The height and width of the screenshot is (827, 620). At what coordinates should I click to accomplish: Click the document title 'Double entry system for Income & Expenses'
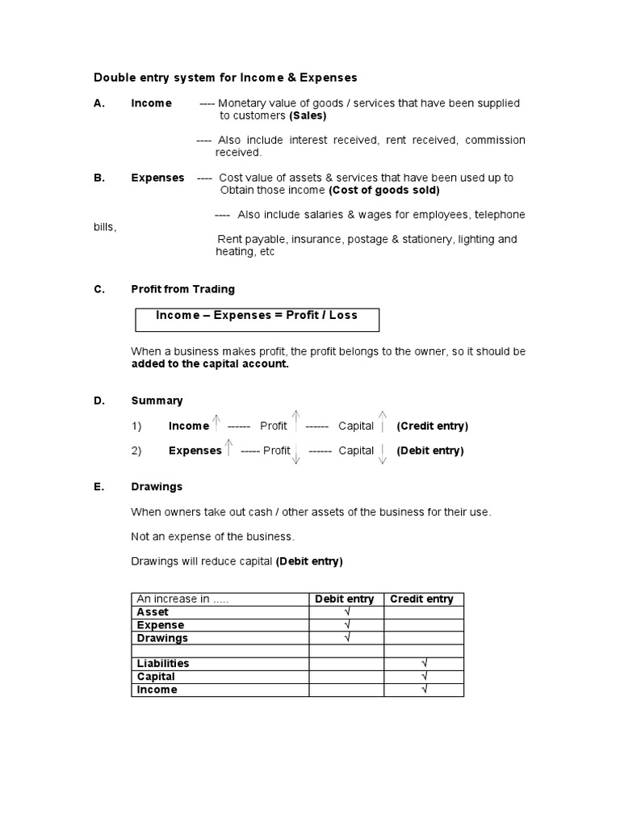225,78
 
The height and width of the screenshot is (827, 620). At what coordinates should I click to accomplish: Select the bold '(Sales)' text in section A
308,115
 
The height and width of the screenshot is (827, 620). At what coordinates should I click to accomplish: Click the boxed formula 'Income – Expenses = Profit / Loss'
256,315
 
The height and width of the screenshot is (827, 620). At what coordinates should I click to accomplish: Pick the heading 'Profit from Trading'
182,289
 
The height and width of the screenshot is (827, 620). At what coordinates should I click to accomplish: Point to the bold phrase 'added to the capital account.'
209,363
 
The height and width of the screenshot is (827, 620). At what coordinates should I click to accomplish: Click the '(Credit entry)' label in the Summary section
432,426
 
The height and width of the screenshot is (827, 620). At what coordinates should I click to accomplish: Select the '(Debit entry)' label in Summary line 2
429,451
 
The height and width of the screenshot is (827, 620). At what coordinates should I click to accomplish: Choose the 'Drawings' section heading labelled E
157,487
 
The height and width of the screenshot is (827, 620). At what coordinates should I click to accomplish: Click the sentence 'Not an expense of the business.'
213,536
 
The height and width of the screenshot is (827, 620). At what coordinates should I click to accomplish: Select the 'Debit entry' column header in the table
344,598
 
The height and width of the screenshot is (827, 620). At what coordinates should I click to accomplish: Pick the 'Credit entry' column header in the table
421,598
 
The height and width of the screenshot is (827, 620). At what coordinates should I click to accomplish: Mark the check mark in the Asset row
346,612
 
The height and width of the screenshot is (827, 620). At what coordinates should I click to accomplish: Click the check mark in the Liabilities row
424,664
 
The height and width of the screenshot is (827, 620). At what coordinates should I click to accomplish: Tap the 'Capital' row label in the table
156,677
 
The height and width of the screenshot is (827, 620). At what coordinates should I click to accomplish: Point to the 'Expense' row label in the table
160,625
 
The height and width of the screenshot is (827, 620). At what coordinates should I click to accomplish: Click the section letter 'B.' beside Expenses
99,178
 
